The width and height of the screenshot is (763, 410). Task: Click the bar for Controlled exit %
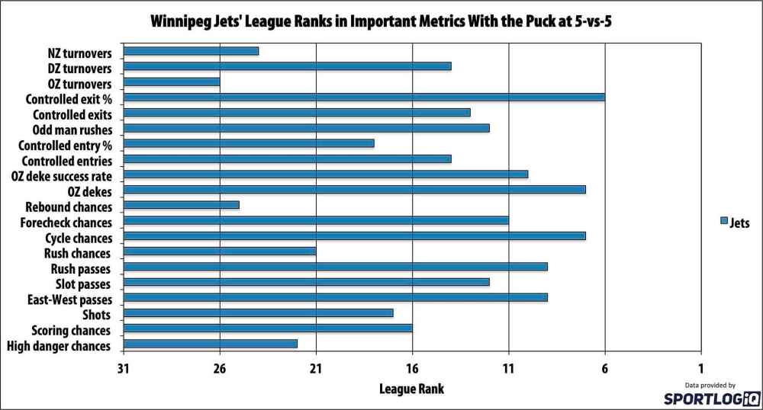(364, 97)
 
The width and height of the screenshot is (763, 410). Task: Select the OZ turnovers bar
(172, 82)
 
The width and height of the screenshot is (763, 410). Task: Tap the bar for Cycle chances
(354, 235)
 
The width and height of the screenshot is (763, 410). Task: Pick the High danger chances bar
(211, 344)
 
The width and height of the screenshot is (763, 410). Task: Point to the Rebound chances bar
(182, 205)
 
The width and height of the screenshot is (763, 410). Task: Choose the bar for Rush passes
(335, 267)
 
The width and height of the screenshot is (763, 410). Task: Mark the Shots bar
(258, 312)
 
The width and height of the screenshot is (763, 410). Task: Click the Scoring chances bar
(268, 328)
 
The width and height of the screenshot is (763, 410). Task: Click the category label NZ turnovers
(79, 53)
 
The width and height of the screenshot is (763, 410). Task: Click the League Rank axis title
(411, 389)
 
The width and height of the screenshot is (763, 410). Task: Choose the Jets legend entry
(735, 223)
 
